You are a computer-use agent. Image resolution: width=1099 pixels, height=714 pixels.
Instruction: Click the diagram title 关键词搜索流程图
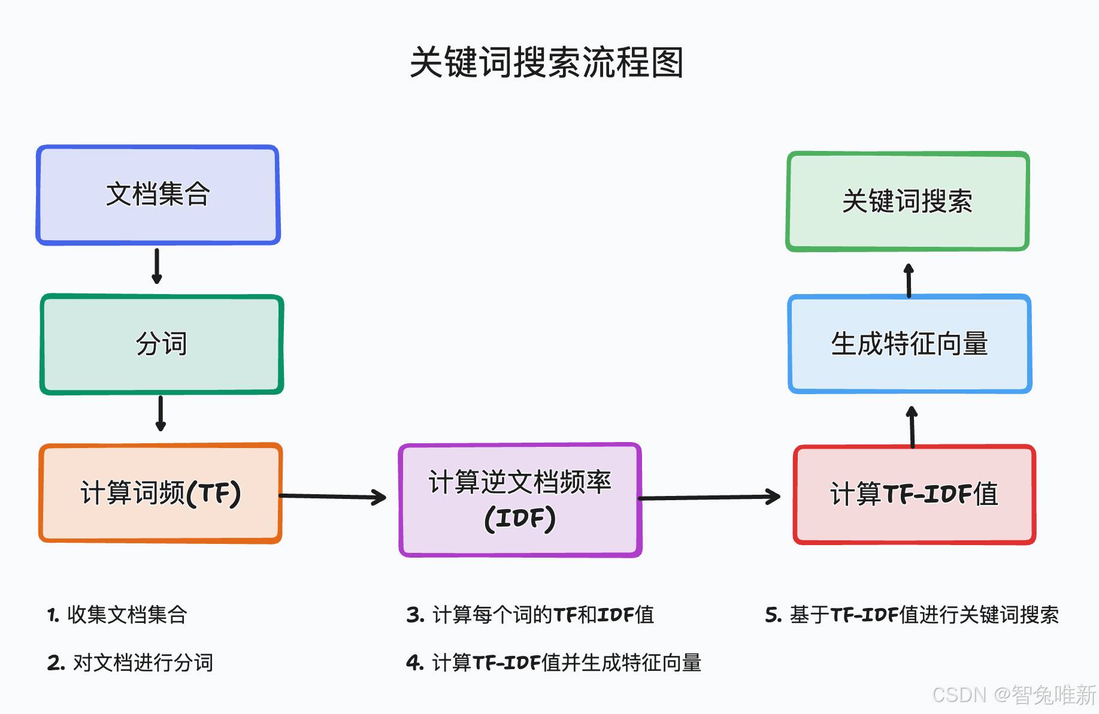[x=546, y=62]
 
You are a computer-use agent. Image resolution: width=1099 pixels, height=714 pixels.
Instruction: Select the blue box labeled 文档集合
[x=158, y=195]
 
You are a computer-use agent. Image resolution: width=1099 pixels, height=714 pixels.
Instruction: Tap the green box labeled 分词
[x=162, y=344]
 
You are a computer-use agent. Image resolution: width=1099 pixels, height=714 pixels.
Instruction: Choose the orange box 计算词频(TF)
[x=161, y=493]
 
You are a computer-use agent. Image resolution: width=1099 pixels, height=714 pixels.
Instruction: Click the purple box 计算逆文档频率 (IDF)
[x=520, y=500]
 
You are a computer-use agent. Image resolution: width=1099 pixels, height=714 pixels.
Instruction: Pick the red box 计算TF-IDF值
[x=915, y=495]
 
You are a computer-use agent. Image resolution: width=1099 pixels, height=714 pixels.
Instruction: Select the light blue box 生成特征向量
[x=910, y=344]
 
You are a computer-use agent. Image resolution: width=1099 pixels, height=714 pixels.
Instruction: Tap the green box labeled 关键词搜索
[x=908, y=201]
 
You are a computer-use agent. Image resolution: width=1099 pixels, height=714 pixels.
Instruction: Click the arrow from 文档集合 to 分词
[x=157, y=266]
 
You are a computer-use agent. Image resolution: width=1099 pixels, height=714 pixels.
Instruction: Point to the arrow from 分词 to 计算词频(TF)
[x=161, y=413]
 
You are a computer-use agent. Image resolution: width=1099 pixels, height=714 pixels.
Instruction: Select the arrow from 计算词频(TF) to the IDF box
[x=333, y=497]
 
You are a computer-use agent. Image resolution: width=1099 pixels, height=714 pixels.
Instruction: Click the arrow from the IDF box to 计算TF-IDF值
[x=710, y=497]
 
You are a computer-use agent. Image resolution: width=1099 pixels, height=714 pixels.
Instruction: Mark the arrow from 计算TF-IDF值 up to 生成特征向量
[x=912, y=427]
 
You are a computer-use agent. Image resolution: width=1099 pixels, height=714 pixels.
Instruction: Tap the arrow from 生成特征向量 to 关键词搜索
[x=909, y=280]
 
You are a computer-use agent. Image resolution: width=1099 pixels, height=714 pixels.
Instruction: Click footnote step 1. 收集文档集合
[x=117, y=615]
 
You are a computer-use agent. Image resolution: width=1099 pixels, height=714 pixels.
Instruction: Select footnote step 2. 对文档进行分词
[x=130, y=662]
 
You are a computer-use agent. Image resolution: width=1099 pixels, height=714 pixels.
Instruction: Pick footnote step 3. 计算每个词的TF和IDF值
[x=530, y=615]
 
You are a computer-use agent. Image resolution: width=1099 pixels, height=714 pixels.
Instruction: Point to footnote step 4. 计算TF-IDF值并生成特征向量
[x=554, y=662]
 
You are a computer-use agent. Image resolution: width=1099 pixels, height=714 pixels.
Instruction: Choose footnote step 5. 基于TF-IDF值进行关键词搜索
[x=912, y=615]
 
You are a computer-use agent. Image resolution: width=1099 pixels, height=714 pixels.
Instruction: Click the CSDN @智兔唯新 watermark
[x=1014, y=695]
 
